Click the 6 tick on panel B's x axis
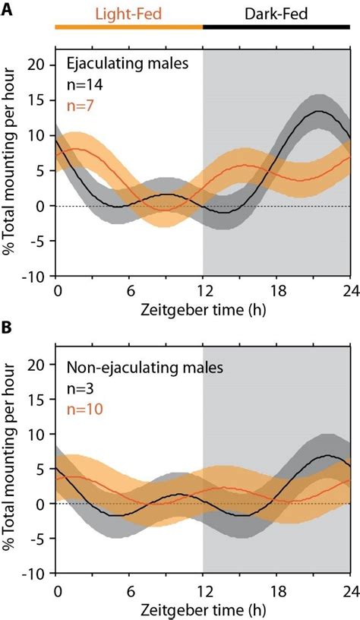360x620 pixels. tap(130, 590)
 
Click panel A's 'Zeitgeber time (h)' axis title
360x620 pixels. tap(204, 309)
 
